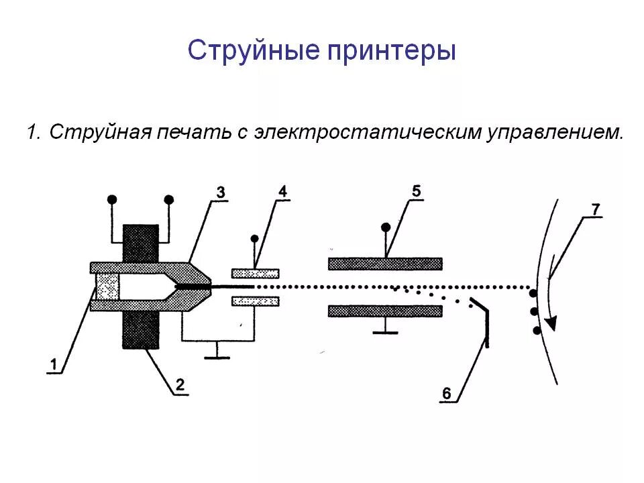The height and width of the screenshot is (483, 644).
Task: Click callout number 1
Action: (x=54, y=364)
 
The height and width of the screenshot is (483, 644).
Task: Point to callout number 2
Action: (x=180, y=384)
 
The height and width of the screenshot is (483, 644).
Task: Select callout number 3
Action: (x=221, y=193)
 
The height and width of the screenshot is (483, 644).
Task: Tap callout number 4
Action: (x=282, y=192)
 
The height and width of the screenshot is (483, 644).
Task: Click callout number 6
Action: (x=447, y=393)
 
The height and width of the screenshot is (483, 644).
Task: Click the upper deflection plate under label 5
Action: (x=385, y=264)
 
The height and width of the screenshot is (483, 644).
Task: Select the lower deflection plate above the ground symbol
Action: (x=385, y=311)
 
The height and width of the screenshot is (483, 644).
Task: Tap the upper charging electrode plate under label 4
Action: (x=255, y=273)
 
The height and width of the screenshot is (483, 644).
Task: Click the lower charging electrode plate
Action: (x=255, y=301)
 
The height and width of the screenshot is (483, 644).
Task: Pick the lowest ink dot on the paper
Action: (x=537, y=330)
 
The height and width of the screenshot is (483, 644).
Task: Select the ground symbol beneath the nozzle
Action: (x=217, y=357)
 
